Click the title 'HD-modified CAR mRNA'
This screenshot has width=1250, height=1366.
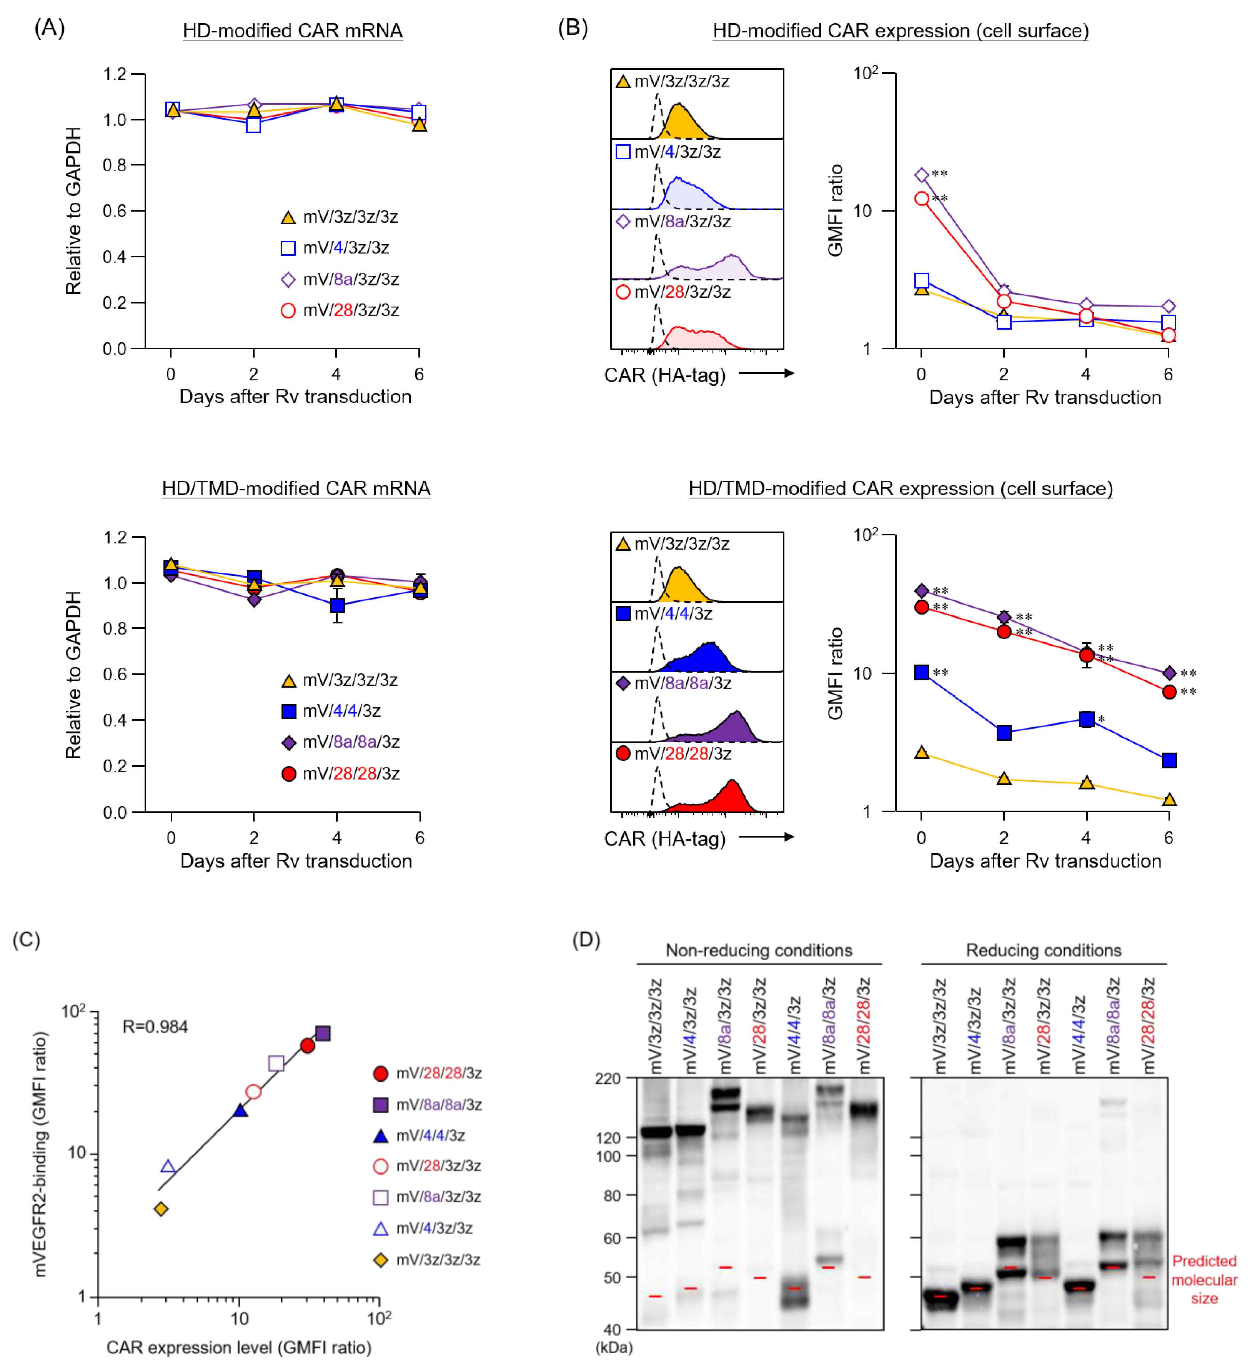click(x=293, y=30)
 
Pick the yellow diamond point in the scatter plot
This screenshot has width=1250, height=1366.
click(x=161, y=1209)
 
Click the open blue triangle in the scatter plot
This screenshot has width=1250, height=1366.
click(x=168, y=1167)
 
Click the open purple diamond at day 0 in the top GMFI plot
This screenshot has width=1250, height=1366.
click(x=921, y=175)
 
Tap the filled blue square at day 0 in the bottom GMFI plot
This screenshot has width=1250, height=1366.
click(x=921, y=672)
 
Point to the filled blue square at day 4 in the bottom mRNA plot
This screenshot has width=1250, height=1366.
click(x=337, y=605)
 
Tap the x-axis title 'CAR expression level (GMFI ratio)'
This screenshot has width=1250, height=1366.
click(x=239, y=1348)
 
